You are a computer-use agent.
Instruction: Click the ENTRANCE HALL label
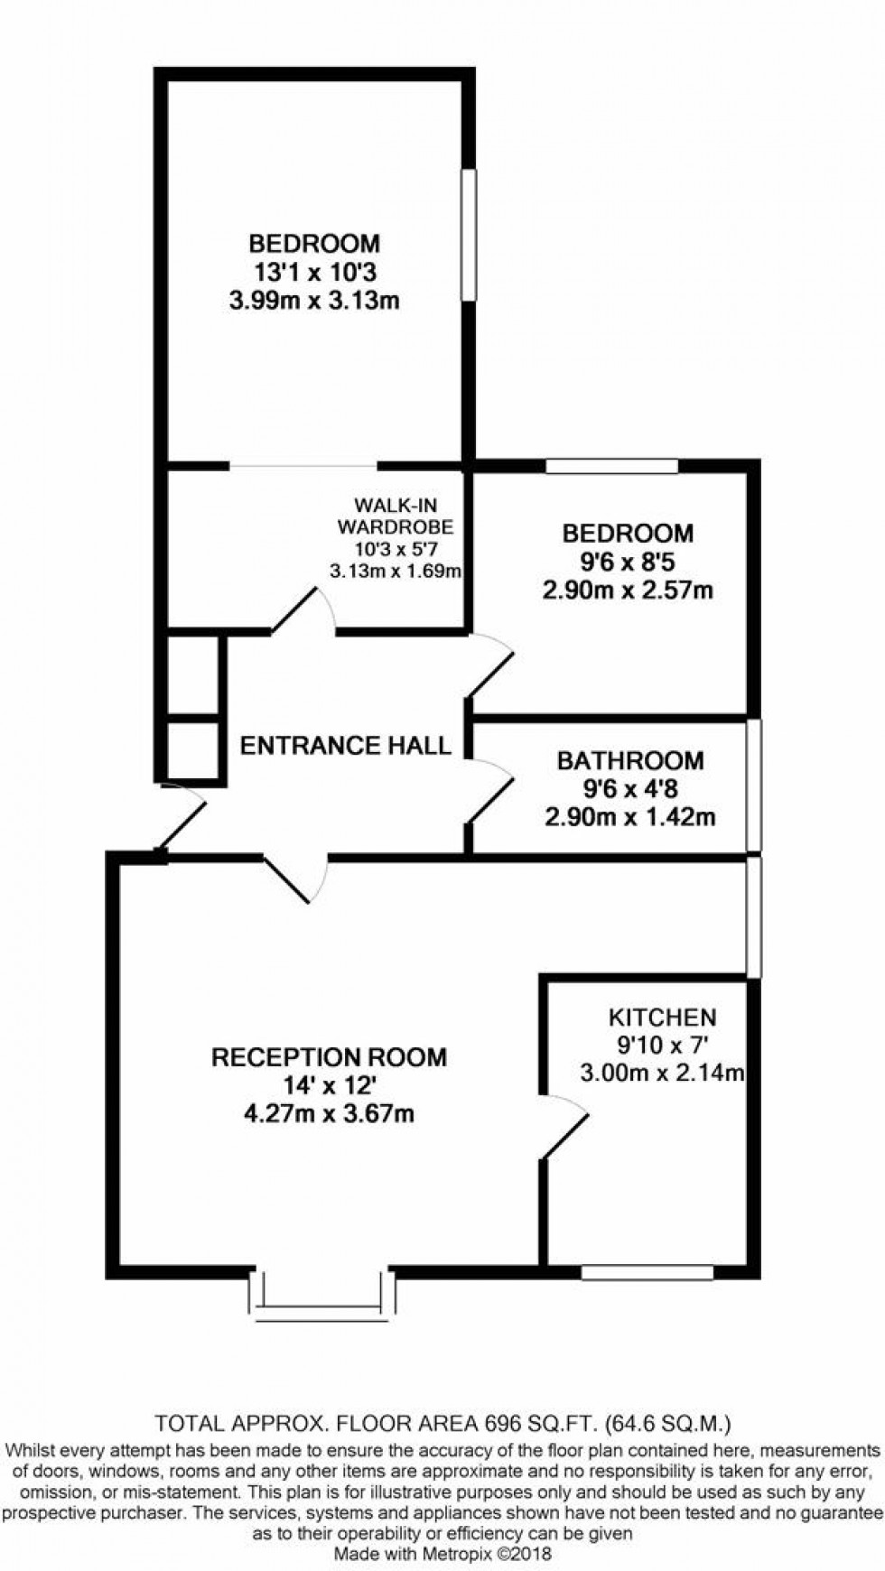pos(345,746)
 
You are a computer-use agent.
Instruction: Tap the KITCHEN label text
pos(662,1018)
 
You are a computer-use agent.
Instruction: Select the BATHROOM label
pos(629,760)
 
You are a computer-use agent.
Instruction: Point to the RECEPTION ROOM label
pos(329,1057)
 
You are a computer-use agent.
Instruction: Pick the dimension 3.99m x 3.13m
pos(314,301)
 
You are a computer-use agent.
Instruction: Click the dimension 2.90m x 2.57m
pos(629,590)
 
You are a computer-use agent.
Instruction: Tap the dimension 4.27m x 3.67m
pos(329,1113)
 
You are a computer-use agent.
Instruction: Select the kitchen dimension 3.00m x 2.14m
pos(662,1073)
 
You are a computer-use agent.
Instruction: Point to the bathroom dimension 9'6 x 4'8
pos(629,789)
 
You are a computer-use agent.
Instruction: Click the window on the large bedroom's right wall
pos(468,234)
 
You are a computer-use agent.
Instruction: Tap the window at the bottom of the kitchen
pos(647,1273)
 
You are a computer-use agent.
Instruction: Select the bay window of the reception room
pos(321,1300)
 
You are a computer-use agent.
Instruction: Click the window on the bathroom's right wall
pos(753,785)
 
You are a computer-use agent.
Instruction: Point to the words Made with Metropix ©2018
pos(442,1555)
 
